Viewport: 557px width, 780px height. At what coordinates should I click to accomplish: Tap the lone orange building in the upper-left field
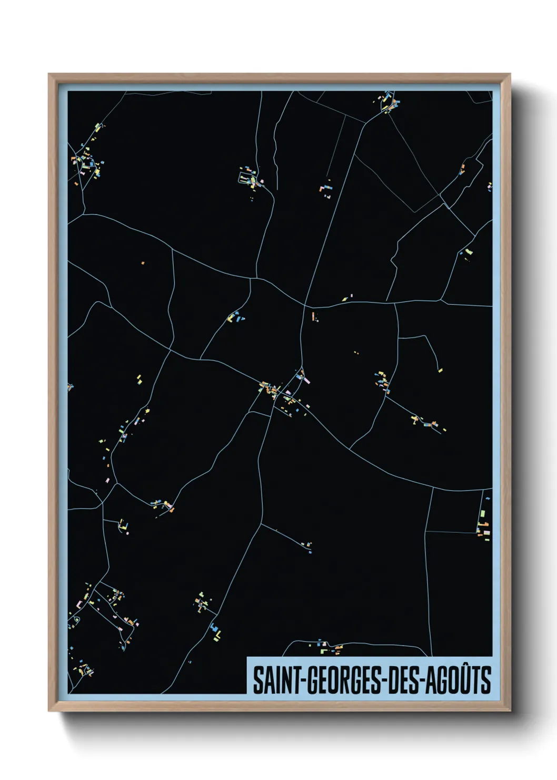click(143, 262)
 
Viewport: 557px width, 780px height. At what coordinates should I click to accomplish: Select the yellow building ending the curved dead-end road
click(440, 370)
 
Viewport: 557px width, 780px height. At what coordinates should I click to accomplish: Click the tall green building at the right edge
click(482, 512)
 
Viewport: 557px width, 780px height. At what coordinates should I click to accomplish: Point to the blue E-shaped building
click(215, 630)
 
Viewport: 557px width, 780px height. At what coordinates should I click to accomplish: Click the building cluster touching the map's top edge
click(389, 102)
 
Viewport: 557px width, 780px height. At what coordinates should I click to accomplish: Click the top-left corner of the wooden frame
click(49, 74)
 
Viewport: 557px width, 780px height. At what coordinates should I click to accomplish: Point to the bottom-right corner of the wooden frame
click(510, 711)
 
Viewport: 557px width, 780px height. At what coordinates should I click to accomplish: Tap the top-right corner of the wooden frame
click(510, 74)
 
